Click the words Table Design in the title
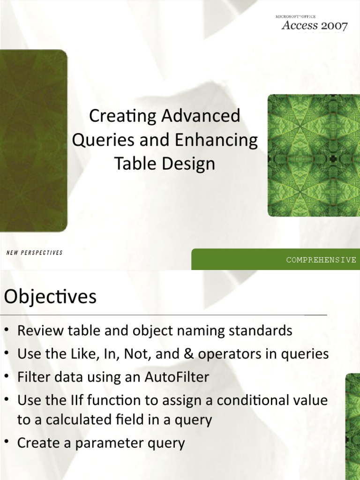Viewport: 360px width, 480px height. pos(165,164)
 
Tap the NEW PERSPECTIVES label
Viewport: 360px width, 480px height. pos(35,253)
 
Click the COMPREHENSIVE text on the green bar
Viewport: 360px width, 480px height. pos(322,260)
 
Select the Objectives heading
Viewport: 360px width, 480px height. pos(50,297)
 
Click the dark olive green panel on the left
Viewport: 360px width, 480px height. pos(33,141)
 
